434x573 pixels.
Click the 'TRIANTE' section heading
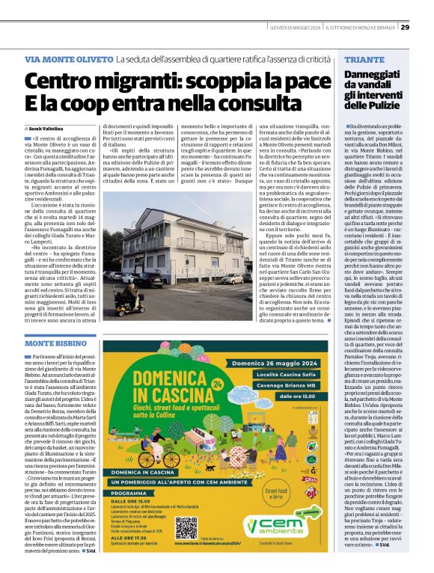point(365,59)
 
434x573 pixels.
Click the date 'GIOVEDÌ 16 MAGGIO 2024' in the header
point(296,28)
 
